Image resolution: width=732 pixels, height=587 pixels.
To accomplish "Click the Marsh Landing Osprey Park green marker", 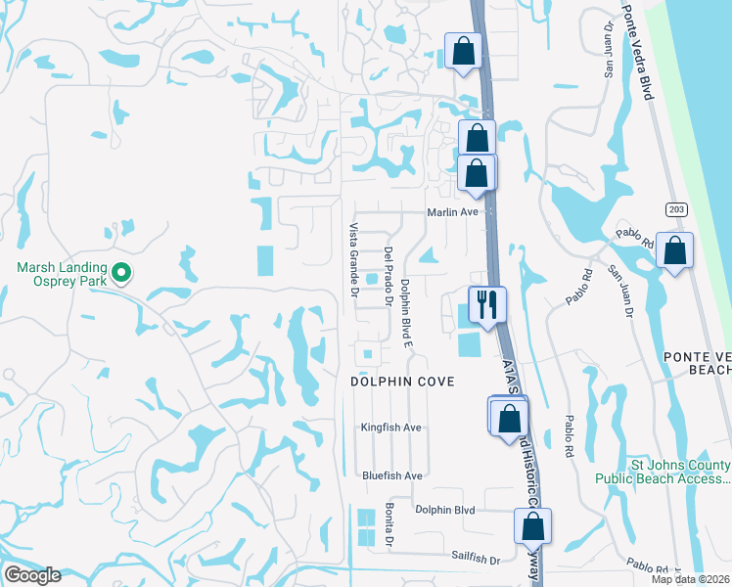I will coord(121,272).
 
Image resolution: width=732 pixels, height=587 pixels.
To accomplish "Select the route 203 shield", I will coord(675,209).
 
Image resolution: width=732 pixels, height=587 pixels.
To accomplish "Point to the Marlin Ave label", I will coord(451,211).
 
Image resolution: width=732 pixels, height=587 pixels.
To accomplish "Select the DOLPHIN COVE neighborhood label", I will coord(402,382).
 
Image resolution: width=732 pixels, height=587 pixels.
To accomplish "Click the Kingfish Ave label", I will coord(390,428).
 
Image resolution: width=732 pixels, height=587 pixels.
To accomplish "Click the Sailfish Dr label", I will coord(476,559).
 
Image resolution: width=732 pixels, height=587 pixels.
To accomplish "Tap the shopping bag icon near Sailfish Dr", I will coord(532,525).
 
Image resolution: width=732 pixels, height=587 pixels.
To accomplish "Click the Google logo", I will coord(32,575).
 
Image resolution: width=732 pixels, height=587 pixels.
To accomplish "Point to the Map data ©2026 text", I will coord(691,579).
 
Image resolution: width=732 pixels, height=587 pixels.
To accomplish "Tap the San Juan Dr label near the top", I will coord(607,38).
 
